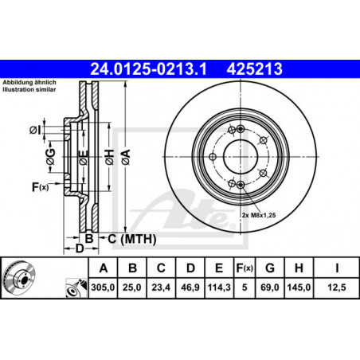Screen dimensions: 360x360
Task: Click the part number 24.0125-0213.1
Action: tap(148, 69)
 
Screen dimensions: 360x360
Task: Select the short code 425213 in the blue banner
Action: tap(254, 69)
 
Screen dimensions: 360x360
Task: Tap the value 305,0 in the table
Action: tap(103, 288)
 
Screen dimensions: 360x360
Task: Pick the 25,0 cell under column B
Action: tap(132, 288)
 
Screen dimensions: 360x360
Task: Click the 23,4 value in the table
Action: tap(161, 288)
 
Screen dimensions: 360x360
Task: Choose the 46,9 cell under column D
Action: tap(190, 288)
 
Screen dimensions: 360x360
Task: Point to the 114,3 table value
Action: tap(219, 288)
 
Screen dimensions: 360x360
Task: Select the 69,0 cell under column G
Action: tap(269, 288)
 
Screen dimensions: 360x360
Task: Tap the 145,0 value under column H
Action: tap(299, 288)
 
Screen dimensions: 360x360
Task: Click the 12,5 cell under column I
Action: tap(337, 288)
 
